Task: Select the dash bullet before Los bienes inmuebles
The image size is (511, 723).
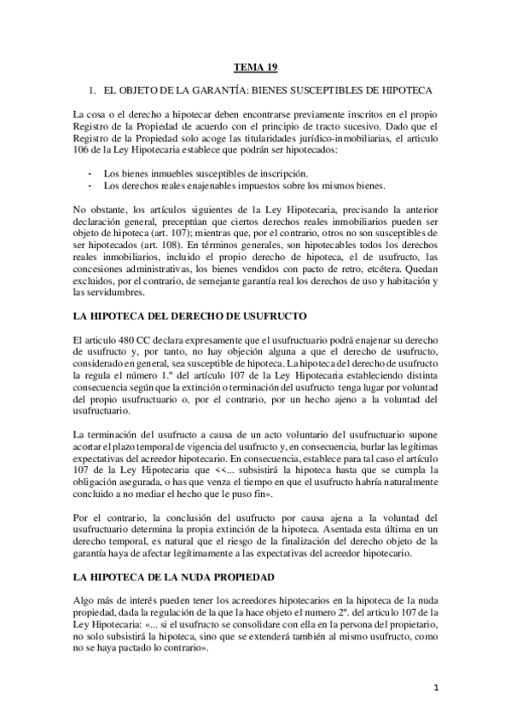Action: (x=90, y=172)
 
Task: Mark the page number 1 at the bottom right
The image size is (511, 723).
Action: (x=436, y=688)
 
